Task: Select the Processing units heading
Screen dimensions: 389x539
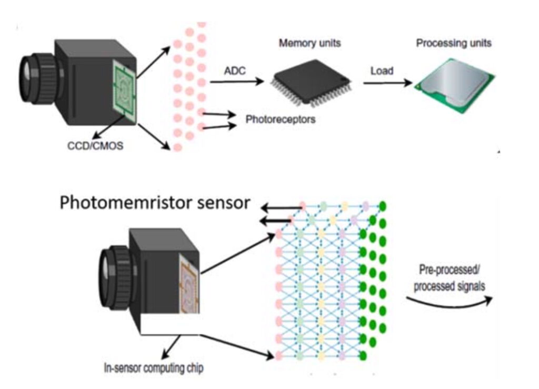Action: [454, 43]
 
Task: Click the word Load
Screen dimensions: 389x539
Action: [382, 70]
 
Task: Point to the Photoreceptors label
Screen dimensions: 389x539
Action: [281, 119]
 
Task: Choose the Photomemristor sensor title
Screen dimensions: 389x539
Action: [154, 203]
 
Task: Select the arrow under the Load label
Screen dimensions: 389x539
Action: [386, 83]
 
